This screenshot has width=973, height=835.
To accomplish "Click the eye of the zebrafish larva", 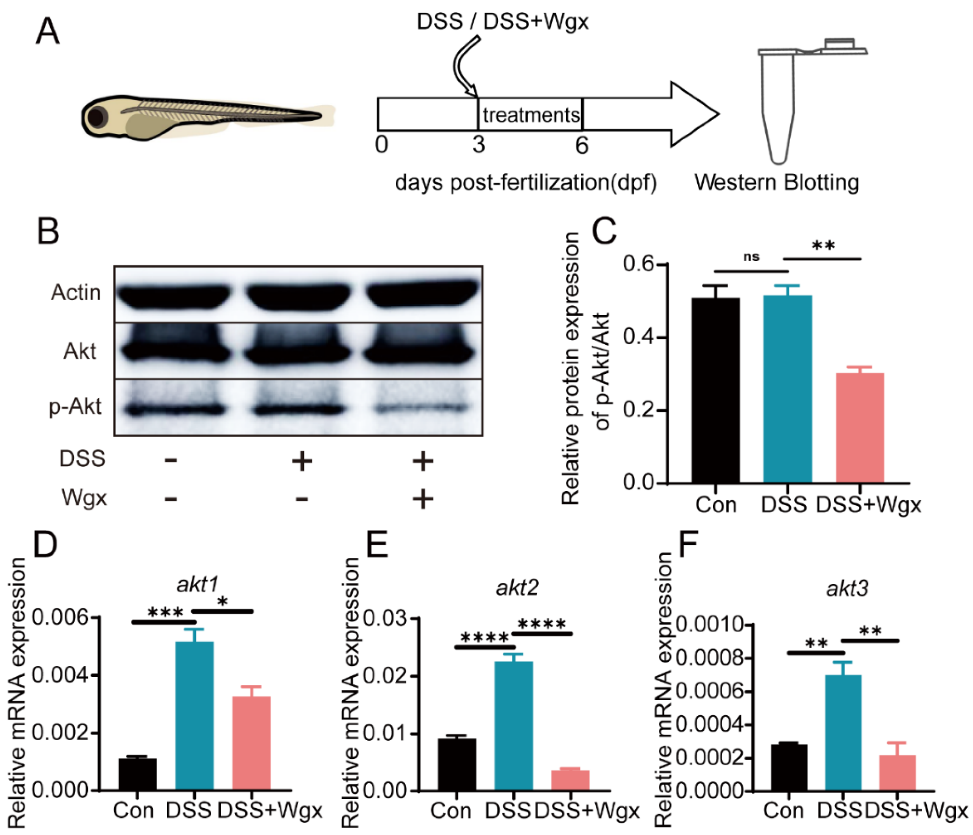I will (97, 117).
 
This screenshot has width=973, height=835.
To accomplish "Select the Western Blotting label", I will (777, 182).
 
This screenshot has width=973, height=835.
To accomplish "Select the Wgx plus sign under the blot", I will (423, 499).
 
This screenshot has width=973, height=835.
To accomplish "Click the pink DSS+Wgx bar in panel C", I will (860, 427).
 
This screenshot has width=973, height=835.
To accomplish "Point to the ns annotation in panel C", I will (751, 256).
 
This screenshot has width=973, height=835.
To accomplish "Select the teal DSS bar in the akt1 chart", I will (194, 716).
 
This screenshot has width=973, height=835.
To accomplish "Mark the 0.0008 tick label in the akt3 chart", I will (710, 659).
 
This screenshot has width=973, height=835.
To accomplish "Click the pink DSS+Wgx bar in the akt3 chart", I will (897, 773).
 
